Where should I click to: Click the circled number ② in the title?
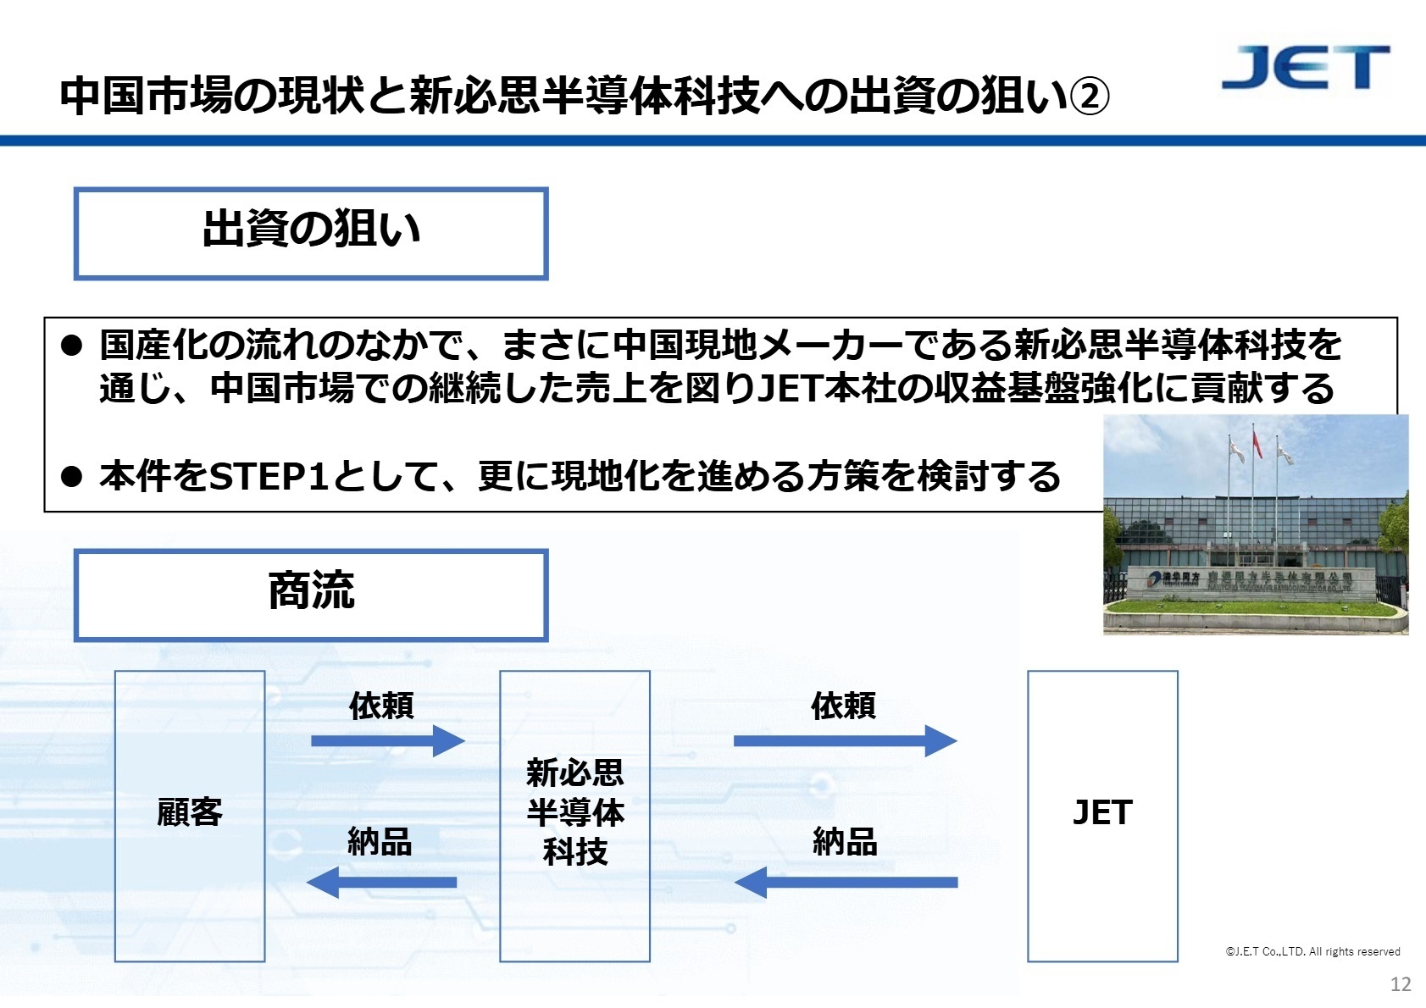click(1089, 96)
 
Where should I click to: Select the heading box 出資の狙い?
click(311, 233)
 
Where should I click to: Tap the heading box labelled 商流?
click(311, 595)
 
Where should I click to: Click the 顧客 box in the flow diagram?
click(190, 815)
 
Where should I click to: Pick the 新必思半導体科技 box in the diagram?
click(574, 815)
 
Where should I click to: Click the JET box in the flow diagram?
click(1102, 815)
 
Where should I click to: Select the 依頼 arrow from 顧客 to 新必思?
click(387, 740)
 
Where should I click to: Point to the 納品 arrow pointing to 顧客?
click(382, 882)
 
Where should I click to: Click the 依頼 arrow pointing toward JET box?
click(845, 740)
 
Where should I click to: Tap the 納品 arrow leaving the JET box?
click(846, 882)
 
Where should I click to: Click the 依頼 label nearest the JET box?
click(843, 705)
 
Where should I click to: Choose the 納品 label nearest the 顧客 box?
click(380, 842)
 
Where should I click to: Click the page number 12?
click(1401, 983)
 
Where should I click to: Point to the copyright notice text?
click(1312, 951)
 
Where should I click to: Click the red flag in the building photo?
click(1257, 445)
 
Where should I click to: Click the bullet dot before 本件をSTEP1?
click(72, 477)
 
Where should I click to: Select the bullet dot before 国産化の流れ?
click(72, 345)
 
